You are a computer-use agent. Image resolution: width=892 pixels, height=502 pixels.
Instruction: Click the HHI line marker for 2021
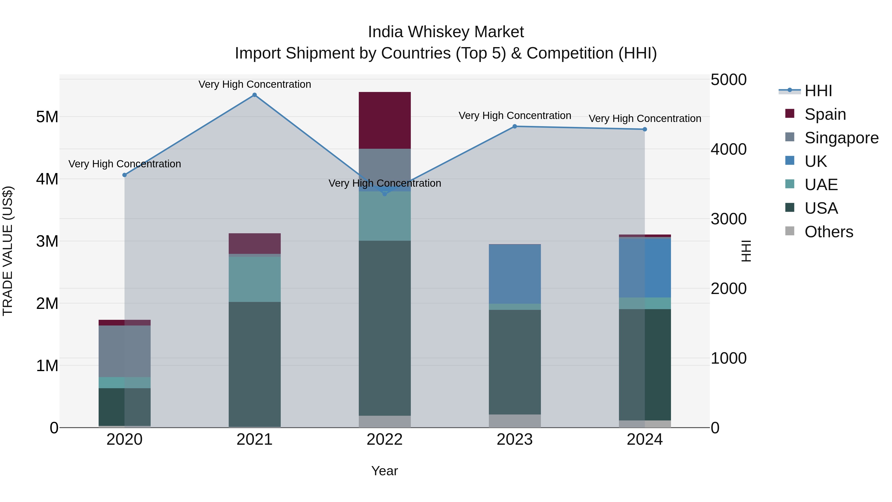point(254,95)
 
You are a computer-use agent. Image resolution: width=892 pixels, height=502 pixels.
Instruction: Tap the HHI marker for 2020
point(125,175)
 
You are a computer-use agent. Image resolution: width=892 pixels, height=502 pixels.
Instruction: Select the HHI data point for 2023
point(515,126)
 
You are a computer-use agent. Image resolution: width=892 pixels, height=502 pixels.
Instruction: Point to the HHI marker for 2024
point(645,129)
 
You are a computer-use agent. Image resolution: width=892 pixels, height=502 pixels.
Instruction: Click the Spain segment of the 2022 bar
point(385,120)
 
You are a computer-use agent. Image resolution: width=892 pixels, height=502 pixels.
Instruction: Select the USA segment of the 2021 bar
point(254,364)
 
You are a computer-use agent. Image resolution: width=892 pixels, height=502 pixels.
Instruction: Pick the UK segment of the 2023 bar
point(515,274)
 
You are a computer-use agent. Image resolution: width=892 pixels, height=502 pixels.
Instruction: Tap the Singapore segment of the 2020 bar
point(125,351)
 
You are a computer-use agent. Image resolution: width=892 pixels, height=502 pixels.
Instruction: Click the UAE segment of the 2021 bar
point(254,279)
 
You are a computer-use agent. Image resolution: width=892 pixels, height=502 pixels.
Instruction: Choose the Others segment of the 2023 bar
point(515,421)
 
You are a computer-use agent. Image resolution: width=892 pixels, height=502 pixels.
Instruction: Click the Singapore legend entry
point(841,138)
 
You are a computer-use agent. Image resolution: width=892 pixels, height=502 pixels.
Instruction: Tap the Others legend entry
point(829,232)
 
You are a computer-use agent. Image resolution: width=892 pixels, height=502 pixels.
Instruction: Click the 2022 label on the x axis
point(385,440)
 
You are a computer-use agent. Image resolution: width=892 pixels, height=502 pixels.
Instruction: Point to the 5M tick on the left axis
point(47,117)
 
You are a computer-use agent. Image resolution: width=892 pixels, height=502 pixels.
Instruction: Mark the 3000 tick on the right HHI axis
point(728,219)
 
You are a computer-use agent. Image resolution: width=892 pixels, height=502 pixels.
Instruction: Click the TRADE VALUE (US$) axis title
point(8,251)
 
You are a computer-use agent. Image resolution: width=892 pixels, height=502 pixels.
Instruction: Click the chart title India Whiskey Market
point(446,32)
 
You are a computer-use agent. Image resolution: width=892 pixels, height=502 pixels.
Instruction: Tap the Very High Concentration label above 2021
point(254,84)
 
